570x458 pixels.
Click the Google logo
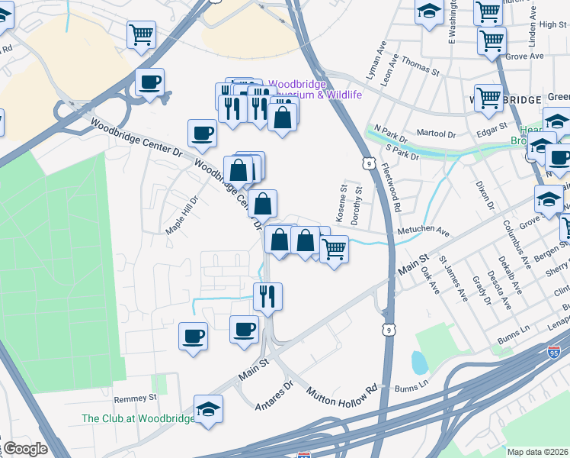tap(24, 450)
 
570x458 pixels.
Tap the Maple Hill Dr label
tap(183, 216)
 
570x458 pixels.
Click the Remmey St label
tap(135, 398)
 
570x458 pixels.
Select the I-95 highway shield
tap(553, 353)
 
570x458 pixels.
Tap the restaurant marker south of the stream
tap(267, 295)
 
